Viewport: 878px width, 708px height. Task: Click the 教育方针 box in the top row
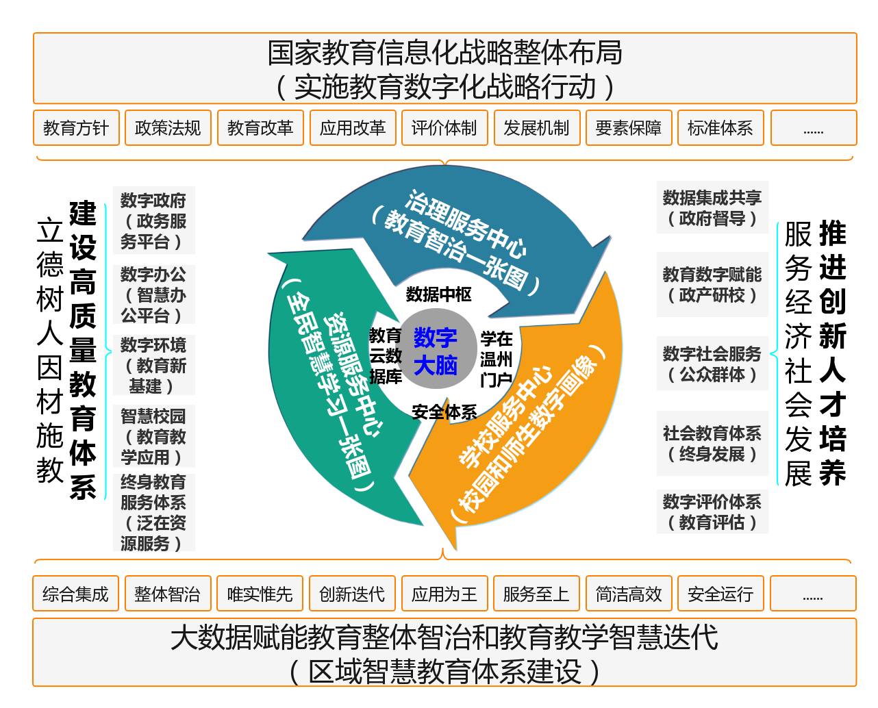(x=76, y=128)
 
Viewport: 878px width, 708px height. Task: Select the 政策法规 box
(x=168, y=128)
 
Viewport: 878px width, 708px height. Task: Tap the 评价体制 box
(x=444, y=128)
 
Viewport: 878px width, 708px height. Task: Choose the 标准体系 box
(x=721, y=128)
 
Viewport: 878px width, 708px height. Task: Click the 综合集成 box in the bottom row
(x=76, y=594)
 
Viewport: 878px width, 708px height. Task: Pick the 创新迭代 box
(x=353, y=594)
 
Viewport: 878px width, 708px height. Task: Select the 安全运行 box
(x=721, y=594)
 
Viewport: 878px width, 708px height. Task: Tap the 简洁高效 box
(x=629, y=594)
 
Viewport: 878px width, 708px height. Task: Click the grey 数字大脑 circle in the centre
(x=436, y=349)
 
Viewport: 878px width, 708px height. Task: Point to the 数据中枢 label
(x=438, y=294)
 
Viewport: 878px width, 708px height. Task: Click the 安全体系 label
(x=444, y=412)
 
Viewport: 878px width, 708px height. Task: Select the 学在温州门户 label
(x=496, y=359)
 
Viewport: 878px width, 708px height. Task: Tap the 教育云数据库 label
(x=386, y=356)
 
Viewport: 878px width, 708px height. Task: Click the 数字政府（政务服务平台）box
(x=154, y=220)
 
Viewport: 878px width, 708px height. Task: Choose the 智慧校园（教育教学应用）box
(x=154, y=435)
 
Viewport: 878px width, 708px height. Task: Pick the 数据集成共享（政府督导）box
(x=712, y=207)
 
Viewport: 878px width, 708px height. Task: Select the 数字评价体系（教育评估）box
(x=712, y=511)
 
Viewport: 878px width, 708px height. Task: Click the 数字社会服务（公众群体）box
(x=712, y=363)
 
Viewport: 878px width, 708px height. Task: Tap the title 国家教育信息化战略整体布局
(x=444, y=52)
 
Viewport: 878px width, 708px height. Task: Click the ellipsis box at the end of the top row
(x=814, y=128)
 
